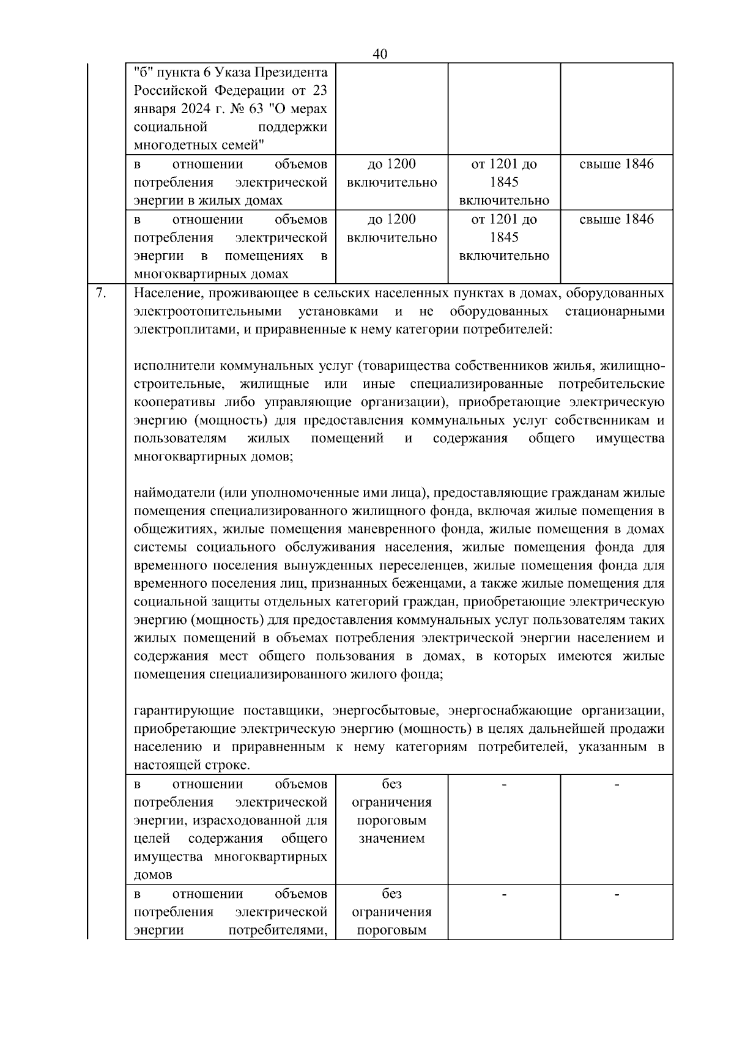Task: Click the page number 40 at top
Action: [x=379, y=54]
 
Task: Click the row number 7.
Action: [x=102, y=293]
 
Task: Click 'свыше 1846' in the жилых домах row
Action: [x=616, y=164]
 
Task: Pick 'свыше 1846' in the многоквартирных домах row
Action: [x=616, y=219]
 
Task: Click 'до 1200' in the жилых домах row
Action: [x=391, y=164]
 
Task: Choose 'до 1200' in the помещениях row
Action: [x=391, y=219]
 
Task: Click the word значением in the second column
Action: [x=391, y=839]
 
